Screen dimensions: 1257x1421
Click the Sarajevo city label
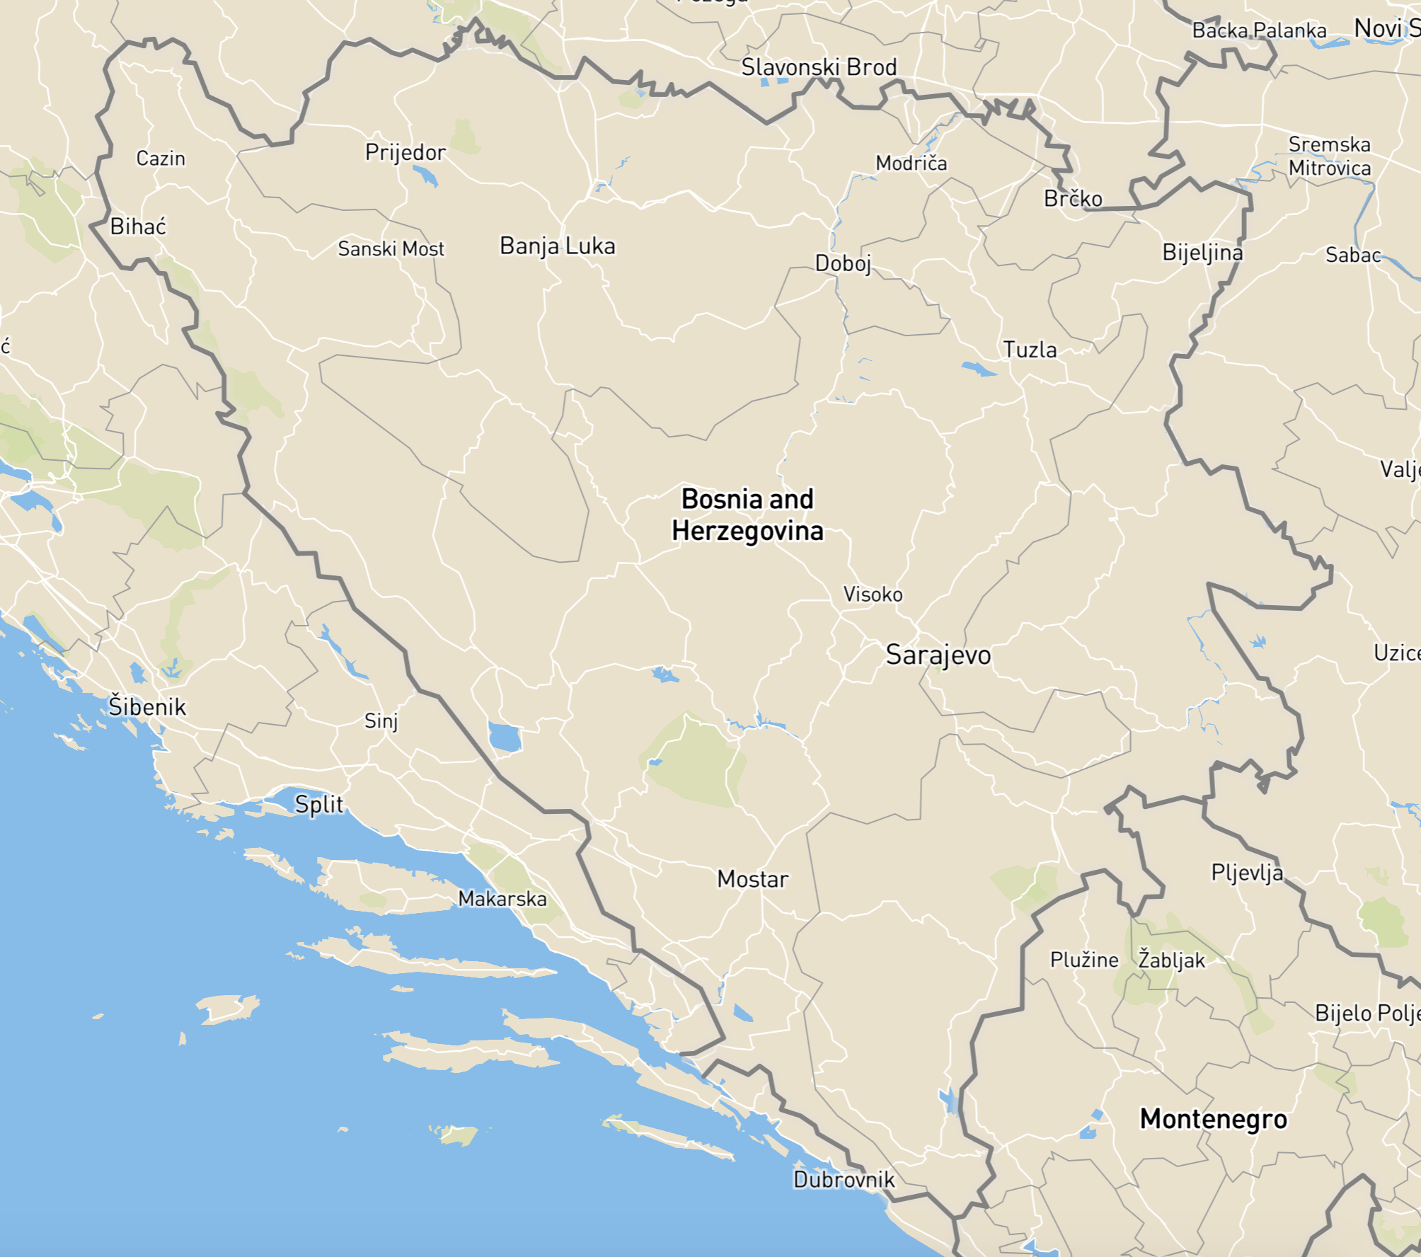pyautogui.click(x=938, y=655)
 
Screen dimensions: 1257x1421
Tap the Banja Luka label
pyautogui.click(x=557, y=246)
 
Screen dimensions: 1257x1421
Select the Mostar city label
pyautogui.click(x=752, y=879)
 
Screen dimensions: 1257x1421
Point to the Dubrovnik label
pyautogui.click(x=844, y=1179)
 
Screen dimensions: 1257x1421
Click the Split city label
pyautogui.click(x=318, y=804)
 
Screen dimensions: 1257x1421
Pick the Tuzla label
pyautogui.click(x=1030, y=350)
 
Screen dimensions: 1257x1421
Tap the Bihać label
pyautogui.click(x=138, y=226)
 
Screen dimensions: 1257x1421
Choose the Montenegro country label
pyautogui.click(x=1213, y=1119)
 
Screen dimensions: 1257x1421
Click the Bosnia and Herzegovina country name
pyautogui.click(x=747, y=515)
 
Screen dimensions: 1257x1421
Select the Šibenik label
pyautogui.click(x=147, y=706)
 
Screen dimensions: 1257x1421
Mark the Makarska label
pyautogui.click(x=502, y=899)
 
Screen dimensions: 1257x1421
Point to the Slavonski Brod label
pyautogui.click(x=819, y=67)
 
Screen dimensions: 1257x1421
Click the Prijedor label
pyautogui.click(x=405, y=152)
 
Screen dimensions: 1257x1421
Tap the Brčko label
pyautogui.click(x=1073, y=199)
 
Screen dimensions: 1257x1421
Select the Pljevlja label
pyautogui.click(x=1247, y=872)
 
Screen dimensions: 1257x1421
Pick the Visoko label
pyautogui.click(x=873, y=595)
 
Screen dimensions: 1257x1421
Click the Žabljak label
pyautogui.click(x=1171, y=960)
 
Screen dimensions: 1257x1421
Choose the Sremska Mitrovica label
pyautogui.click(x=1329, y=156)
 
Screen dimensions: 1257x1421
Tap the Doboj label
pyautogui.click(x=843, y=263)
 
